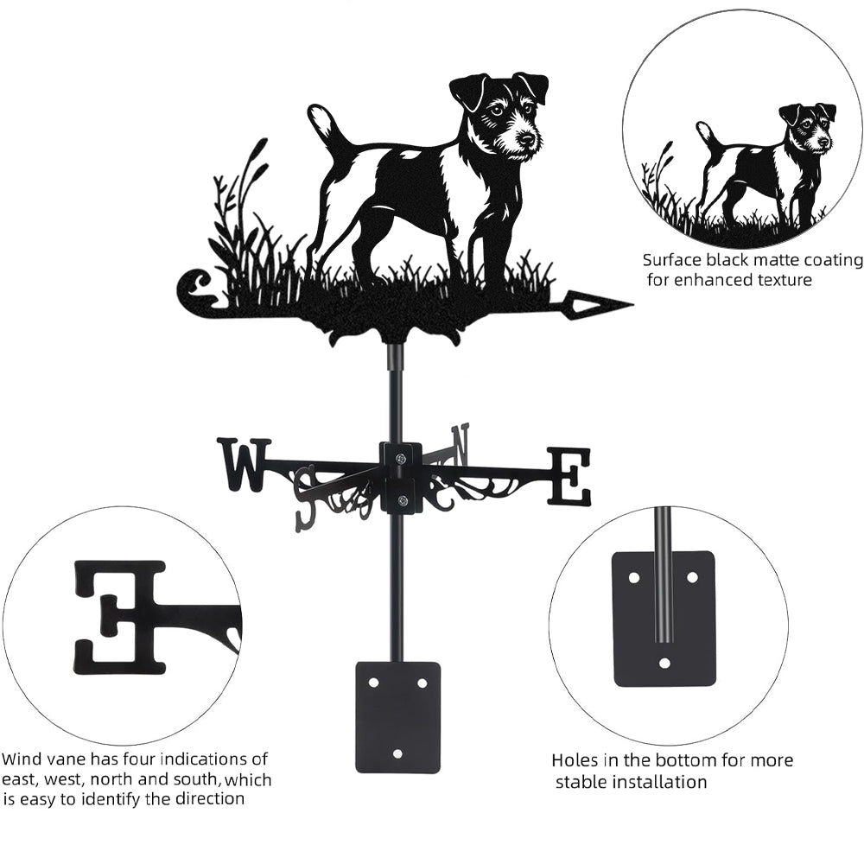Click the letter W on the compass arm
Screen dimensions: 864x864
(x=243, y=464)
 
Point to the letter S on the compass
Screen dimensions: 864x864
(x=307, y=495)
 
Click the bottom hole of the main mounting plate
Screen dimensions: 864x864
(x=397, y=753)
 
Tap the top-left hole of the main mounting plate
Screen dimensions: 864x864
(x=373, y=683)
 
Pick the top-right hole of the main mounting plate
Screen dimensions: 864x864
(x=422, y=683)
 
